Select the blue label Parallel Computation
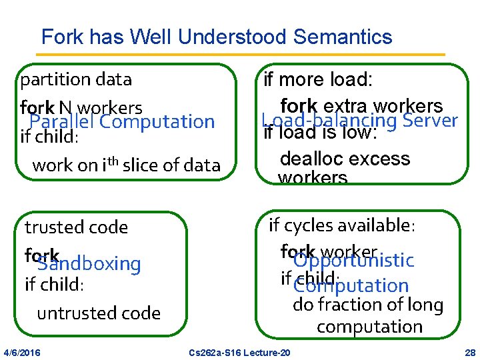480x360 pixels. coord(122,122)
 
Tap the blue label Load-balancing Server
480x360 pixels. coord(359,120)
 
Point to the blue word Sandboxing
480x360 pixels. coord(89,264)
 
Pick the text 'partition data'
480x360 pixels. coord(76,80)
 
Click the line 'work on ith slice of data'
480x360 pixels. coord(126,165)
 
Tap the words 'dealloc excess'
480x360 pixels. coord(345,159)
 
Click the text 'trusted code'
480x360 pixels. coord(76,227)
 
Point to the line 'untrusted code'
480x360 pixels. coord(99,313)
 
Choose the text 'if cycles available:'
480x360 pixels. coord(342,225)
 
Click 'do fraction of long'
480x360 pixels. coord(368,305)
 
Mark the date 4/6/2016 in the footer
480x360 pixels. coord(21,352)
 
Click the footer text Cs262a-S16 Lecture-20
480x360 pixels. coord(239,352)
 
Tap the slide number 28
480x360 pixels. coord(469,352)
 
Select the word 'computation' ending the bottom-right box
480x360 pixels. coord(369,327)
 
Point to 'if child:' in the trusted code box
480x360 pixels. coord(54,285)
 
